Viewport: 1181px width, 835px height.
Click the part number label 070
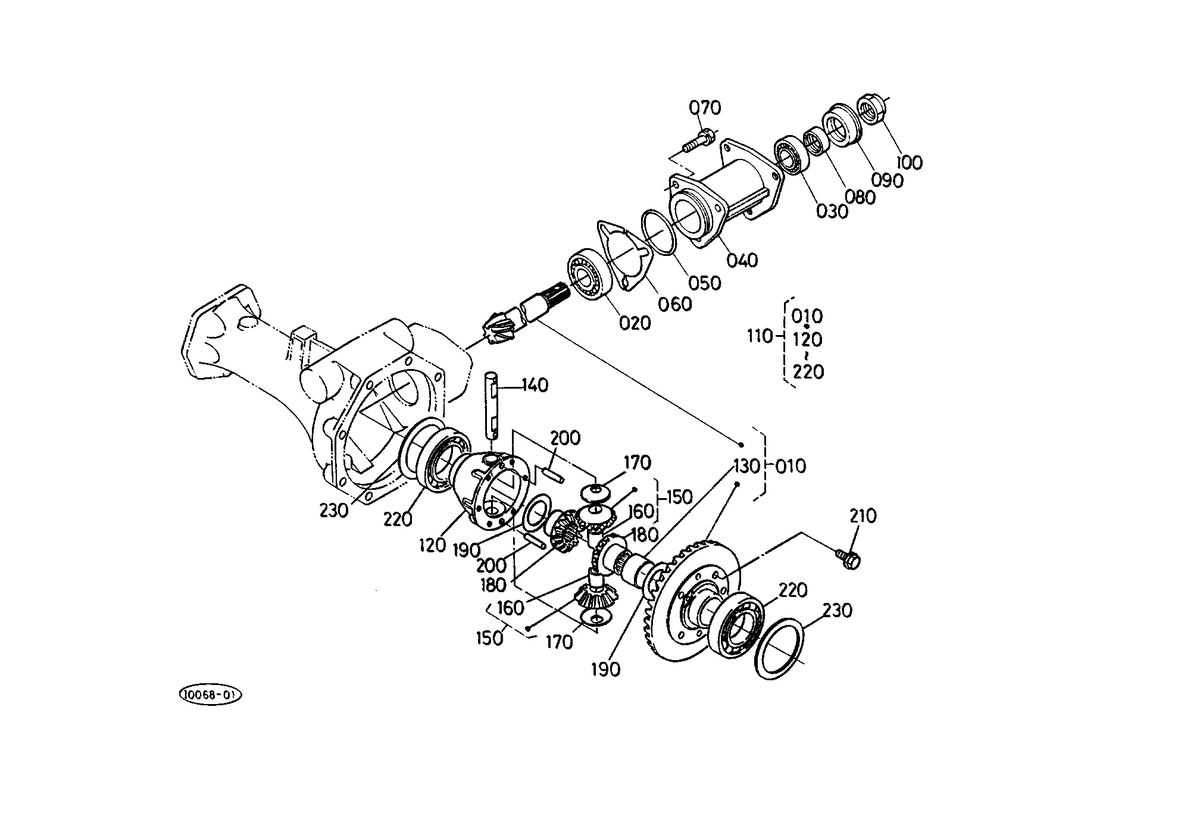[x=705, y=108]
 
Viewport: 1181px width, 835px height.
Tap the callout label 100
[x=908, y=162]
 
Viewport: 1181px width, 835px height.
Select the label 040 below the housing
[x=743, y=260]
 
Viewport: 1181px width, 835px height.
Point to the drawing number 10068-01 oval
[x=211, y=695]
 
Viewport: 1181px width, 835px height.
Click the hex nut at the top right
[x=870, y=108]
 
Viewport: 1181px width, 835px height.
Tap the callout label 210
[x=863, y=515]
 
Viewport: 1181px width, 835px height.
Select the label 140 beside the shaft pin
[x=535, y=386]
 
